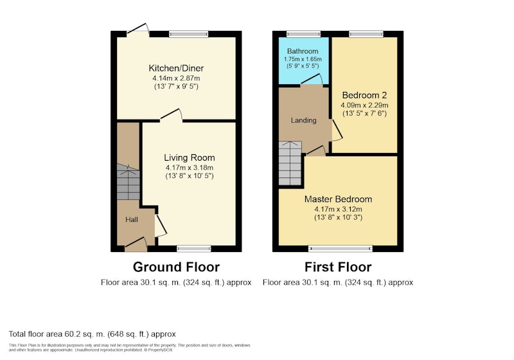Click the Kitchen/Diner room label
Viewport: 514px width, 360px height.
pos(176,68)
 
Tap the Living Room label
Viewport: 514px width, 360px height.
pos(190,157)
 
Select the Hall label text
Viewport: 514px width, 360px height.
pos(132,220)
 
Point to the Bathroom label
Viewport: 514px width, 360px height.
pos(303,51)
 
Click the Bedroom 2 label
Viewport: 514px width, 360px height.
pos(364,95)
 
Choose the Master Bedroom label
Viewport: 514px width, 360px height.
pos(339,199)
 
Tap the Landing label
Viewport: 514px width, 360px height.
pos(303,120)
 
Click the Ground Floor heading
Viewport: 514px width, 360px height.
pos(176,267)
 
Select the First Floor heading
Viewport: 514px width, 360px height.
pos(338,267)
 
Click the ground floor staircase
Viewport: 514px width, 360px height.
pos(128,182)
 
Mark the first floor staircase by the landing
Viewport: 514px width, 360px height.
pos(290,163)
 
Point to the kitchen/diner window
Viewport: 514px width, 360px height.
pos(189,34)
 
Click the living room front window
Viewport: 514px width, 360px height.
pos(194,249)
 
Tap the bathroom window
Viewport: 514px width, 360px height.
pos(303,34)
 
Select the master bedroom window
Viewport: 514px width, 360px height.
pos(341,249)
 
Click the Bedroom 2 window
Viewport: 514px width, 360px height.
pos(366,34)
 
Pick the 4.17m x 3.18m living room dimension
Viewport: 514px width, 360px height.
pos(190,168)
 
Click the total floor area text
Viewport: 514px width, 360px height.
pos(92,334)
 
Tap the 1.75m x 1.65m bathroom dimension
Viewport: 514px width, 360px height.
pos(303,59)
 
